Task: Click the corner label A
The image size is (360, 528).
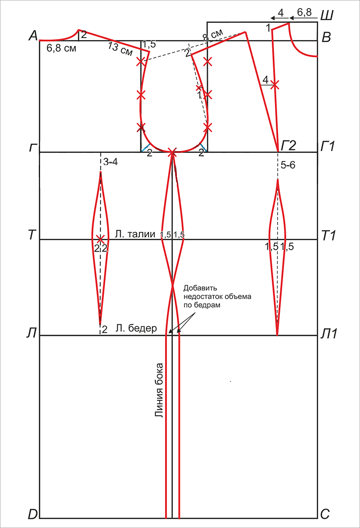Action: [33, 36]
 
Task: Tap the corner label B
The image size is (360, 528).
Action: [326, 37]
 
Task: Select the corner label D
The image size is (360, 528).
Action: [33, 514]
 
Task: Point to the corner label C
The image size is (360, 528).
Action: [325, 514]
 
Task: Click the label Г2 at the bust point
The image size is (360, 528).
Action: [288, 145]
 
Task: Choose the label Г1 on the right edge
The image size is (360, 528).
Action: [327, 146]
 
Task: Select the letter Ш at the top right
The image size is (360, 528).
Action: [326, 15]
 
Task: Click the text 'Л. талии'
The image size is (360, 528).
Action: [135, 234]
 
